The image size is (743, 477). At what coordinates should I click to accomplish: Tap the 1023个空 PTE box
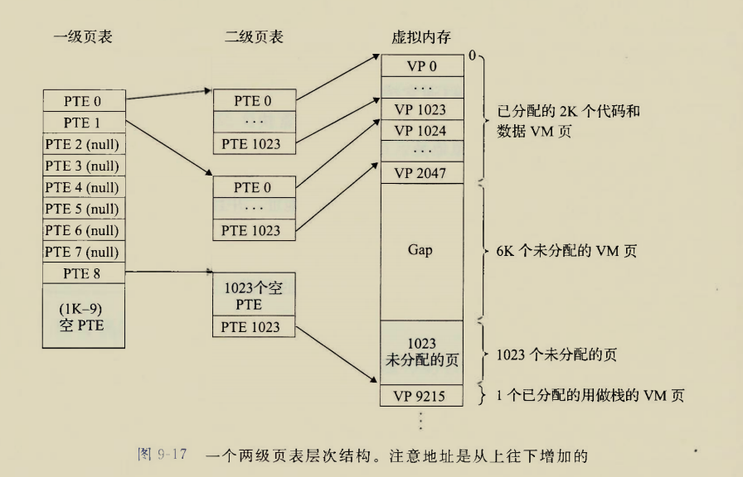point(253,296)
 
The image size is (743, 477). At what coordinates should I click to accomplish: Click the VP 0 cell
point(420,65)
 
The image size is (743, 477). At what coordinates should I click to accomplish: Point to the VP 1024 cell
point(420,130)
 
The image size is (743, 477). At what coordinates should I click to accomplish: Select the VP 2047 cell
point(420,173)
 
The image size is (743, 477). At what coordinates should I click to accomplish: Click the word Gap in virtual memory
point(420,250)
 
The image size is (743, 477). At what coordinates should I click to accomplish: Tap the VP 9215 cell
point(420,396)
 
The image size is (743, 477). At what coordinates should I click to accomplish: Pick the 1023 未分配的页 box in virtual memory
point(420,351)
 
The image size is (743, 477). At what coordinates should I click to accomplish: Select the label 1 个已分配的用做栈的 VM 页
point(590,396)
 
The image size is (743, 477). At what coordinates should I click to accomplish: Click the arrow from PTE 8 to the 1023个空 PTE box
point(169,271)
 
